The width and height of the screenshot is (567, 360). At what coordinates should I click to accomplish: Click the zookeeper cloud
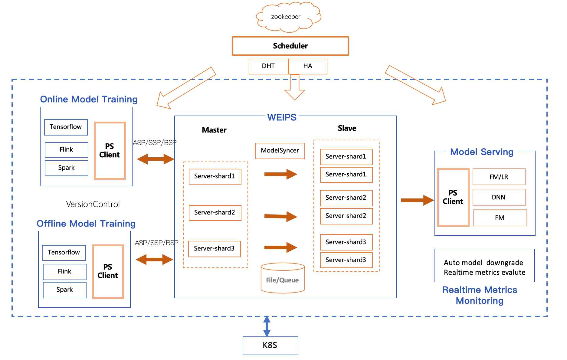288,17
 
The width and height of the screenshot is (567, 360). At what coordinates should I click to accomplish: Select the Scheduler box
290,46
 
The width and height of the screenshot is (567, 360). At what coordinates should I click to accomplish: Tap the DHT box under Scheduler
268,66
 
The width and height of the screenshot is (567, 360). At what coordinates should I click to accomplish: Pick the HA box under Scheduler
308,66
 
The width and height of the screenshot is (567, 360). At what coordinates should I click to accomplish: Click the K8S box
270,345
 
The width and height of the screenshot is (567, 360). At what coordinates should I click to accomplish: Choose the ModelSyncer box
280,151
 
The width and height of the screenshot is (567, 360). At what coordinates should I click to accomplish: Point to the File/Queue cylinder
283,278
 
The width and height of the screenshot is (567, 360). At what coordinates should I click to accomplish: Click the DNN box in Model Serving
499,197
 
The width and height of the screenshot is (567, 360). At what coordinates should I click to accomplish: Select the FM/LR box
499,177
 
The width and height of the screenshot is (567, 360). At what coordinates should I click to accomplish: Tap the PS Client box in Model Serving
453,197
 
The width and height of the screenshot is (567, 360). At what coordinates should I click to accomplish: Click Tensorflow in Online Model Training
66,127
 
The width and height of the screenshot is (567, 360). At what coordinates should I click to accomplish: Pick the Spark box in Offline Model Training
64,290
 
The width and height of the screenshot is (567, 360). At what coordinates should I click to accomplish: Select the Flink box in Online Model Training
66,150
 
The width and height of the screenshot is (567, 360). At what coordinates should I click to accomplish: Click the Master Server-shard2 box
215,213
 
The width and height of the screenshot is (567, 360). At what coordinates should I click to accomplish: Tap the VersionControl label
93,204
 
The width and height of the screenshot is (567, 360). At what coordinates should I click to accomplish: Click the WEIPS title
282,117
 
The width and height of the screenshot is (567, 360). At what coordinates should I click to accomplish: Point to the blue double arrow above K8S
267,326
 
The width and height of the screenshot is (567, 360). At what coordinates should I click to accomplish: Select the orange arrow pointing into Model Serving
417,200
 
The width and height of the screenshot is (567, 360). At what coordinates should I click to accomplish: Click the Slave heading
347,128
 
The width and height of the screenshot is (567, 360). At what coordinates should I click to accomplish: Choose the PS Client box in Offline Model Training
108,271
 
